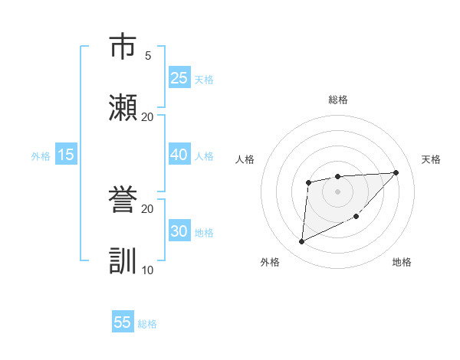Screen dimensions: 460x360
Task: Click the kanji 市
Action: click(x=123, y=47)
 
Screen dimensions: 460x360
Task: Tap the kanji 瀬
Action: click(x=123, y=108)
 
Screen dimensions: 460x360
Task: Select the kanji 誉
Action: click(x=123, y=200)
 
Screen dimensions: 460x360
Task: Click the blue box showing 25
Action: click(x=179, y=77)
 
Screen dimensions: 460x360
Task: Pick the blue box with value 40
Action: click(x=179, y=155)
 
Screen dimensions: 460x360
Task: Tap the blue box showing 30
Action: click(x=179, y=231)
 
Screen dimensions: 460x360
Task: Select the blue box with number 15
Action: click(x=66, y=155)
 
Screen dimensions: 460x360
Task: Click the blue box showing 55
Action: click(x=123, y=322)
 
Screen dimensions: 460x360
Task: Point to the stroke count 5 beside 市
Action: click(x=147, y=55)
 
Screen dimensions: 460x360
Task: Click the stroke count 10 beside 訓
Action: click(x=147, y=270)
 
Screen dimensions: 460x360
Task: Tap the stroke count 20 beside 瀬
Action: click(x=147, y=116)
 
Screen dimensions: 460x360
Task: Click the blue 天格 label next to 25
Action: click(x=204, y=79)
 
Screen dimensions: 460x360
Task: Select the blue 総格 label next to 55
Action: click(x=147, y=324)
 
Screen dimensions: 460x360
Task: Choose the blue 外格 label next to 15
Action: click(x=41, y=156)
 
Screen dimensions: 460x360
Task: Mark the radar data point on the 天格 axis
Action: click(x=396, y=172)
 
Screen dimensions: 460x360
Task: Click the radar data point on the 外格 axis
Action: click(x=301, y=242)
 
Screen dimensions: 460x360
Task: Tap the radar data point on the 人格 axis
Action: click(x=308, y=182)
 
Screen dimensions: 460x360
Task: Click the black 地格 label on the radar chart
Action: click(x=402, y=263)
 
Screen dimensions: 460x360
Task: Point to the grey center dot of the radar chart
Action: click(x=337, y=191)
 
